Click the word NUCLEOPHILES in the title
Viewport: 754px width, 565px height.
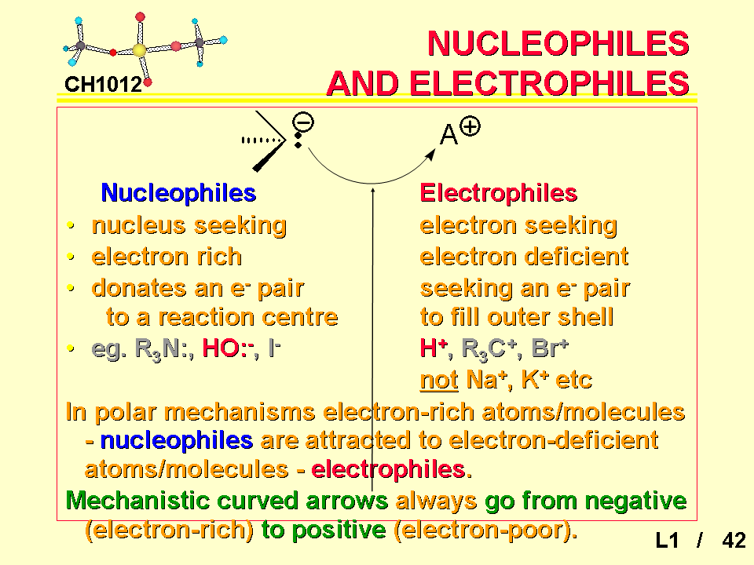tap(558, 43)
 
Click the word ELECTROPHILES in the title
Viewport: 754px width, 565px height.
tap(549, 83)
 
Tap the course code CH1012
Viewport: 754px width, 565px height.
tap(104, 85)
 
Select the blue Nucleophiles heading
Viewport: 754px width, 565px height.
tap(178, 193)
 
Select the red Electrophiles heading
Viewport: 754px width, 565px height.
tap(499, 193)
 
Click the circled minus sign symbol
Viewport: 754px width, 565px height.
tap(303, 122)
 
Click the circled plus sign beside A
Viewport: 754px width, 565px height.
tap(470, 127)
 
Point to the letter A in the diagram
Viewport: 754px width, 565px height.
tap(448, 134)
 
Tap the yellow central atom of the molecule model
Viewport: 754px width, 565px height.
tap(140, 50)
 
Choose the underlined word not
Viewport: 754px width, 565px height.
tap(438, 380)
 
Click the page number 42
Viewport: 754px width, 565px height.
tap(734, 540)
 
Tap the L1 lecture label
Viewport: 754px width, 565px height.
tap(668, 540)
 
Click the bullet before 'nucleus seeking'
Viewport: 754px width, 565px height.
tap(71, 225)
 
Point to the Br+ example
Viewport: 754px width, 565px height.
tap(550, 348)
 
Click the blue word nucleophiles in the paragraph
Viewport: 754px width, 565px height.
tap(177, 440)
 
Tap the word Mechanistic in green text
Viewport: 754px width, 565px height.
tap(137, 501)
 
